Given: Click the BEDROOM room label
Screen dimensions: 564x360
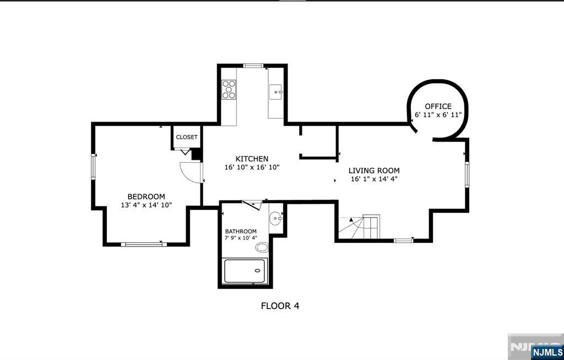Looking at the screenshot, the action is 146,197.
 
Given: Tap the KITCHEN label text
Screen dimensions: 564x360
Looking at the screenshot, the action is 252,159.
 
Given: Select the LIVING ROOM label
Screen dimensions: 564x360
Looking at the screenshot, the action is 374,171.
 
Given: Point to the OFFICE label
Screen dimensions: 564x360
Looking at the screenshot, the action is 438,106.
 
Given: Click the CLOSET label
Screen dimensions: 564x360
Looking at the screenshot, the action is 187,137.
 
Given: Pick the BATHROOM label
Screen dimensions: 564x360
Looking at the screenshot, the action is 241,231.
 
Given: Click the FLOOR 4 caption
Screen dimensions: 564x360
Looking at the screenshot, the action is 280,306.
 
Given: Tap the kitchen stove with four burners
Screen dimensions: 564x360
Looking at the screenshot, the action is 229,90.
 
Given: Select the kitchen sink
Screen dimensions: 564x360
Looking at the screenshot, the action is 276,92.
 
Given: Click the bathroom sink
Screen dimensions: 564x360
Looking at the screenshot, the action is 276,218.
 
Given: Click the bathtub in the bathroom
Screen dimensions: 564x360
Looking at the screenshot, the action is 245,270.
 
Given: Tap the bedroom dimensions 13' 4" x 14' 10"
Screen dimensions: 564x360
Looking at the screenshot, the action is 147,205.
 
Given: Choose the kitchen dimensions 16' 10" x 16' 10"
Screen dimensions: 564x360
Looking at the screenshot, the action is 252,167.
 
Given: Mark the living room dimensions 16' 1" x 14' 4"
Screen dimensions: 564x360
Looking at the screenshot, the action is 374,179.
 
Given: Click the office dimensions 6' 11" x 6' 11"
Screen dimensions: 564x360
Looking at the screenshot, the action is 438,114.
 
